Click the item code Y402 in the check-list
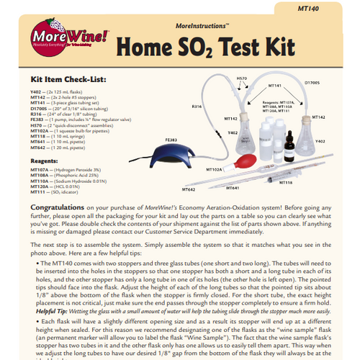pyautogui.click(x=36, y=91)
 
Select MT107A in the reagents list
pyautogui.click(x=40, y=169)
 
